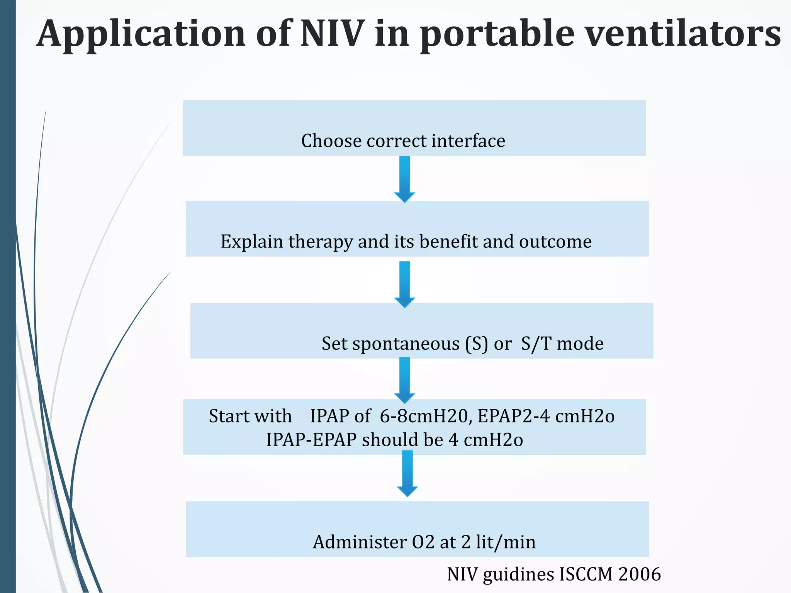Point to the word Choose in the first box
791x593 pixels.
[331, 141]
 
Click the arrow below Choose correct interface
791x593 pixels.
[404, 179]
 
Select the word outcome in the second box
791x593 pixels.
[555, 242]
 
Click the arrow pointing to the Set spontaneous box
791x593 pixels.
[404, 284]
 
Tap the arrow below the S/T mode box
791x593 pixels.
[404, 380]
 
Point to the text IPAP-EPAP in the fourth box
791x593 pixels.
[311, 440]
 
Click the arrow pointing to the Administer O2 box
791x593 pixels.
[407, 473]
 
